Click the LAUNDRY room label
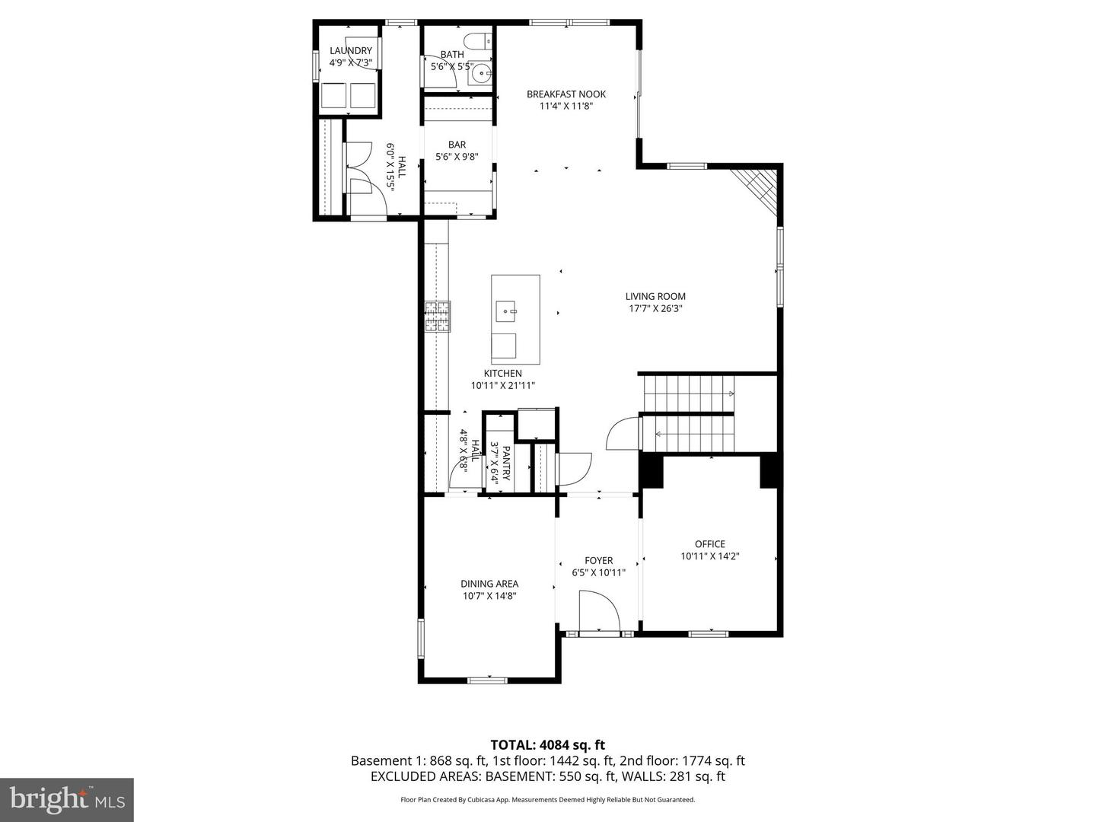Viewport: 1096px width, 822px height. (350, 51)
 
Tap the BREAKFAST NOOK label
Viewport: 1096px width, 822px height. (566, 94)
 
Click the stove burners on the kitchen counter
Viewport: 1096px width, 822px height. (437, 317)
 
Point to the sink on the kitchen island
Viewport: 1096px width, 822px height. (506, 311)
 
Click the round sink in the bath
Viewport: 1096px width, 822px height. (480, 74)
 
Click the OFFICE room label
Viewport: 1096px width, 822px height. (709, 544)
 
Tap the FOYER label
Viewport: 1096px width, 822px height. (598, 560)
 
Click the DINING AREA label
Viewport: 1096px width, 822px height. (489, 584)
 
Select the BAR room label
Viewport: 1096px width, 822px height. (457, 145)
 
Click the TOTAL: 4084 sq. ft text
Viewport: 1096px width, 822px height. (547, 745)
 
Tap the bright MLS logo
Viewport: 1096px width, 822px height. (67, 799)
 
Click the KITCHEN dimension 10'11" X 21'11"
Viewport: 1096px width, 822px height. (502, 386)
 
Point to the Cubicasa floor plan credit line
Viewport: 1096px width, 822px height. (547, 800)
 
